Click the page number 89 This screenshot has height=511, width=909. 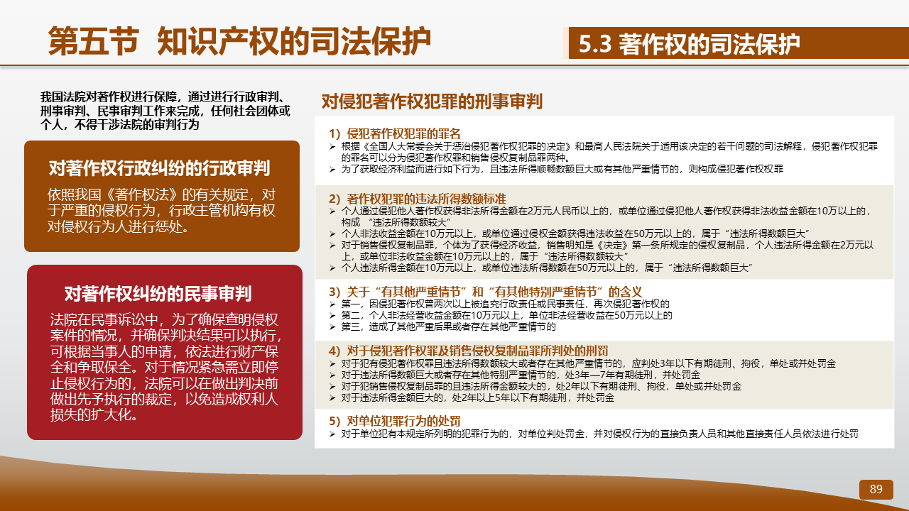click(x=876, y=489)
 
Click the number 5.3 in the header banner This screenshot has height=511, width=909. click(x=594, y=44)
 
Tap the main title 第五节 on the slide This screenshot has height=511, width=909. click(x=94, y=41)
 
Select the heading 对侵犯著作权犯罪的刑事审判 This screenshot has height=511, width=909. click(x=432, y=101)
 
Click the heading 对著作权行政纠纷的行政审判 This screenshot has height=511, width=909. click(x=159, y=168)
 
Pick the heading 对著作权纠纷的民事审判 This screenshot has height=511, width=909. click(x=158, y=293)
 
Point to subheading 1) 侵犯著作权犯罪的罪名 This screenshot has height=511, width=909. click(x=394, y=133)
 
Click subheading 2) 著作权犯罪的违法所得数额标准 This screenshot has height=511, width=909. click(x=417, y=199)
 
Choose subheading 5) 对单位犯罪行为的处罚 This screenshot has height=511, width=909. click(x=394, y=421)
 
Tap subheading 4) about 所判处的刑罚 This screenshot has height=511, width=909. click(x=468, y=351)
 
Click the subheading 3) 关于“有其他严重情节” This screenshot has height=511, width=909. click(x=485, y=292)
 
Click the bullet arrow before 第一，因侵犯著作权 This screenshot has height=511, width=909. click(x=332, y=304)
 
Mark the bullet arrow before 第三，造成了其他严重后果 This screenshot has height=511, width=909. click(x=332, y=327)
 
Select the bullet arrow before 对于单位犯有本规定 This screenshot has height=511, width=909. click(x=332, y=434)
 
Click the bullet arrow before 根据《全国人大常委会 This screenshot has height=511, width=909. click(x=332, y=146)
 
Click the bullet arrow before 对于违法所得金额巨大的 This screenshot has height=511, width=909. click(x=332, y=398)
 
